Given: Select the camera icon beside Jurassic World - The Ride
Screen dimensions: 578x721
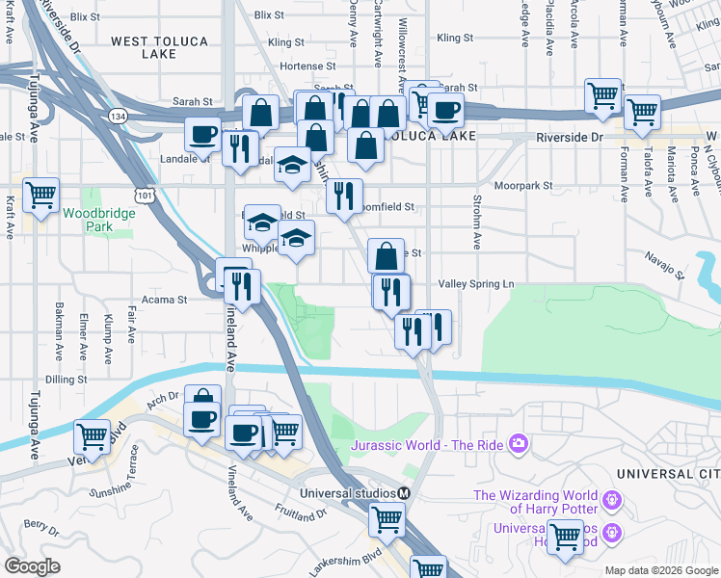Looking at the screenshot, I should click(519, 443).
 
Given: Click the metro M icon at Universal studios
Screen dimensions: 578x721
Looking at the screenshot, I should click(404, 492).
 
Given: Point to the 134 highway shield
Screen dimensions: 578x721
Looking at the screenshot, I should click(118, 116).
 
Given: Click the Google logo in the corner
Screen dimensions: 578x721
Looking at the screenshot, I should click(32, 566).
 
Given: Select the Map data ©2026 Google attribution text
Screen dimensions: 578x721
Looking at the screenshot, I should click(660, 570).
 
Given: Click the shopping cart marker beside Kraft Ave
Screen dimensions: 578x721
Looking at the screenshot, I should click(40, 196).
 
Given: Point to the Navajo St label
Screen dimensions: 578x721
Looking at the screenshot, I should click(665, 267).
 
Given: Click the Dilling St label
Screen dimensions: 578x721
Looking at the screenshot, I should click(67, 380).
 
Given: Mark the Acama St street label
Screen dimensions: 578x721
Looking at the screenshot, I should click(163, 300).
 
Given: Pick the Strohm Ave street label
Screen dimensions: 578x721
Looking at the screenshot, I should click(476, 222).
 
